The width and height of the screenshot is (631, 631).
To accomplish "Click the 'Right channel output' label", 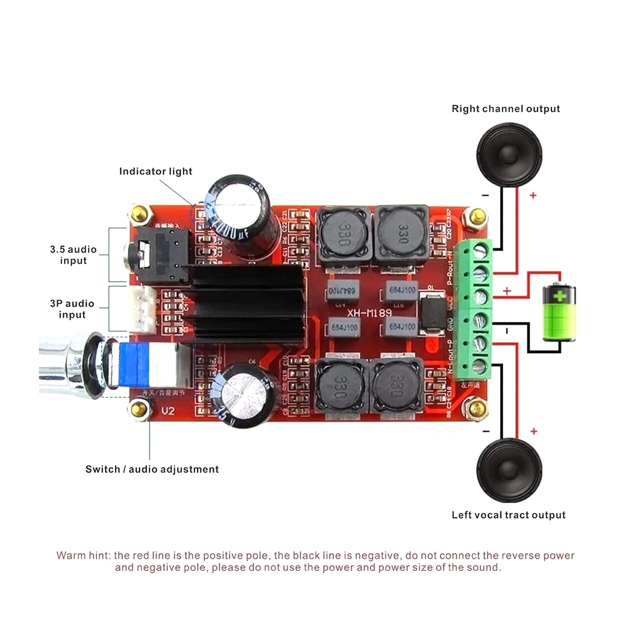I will tap(505, 109).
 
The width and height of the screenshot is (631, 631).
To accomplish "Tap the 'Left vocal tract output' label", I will tap(508, 515).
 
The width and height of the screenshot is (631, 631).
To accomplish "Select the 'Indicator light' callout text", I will tap(155, 171).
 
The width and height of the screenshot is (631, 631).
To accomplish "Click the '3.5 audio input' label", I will tap(73, 255).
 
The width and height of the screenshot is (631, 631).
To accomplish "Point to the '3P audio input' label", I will tap(72, 309).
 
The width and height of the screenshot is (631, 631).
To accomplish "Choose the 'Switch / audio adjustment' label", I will tap(152, 469).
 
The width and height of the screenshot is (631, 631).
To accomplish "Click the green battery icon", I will tap(560, 312).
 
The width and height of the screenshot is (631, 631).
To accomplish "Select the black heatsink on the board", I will tap(248, 304).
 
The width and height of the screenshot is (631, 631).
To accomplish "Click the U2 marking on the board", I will tap(168, 411).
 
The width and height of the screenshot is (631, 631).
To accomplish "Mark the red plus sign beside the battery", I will tap(507, 290).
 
